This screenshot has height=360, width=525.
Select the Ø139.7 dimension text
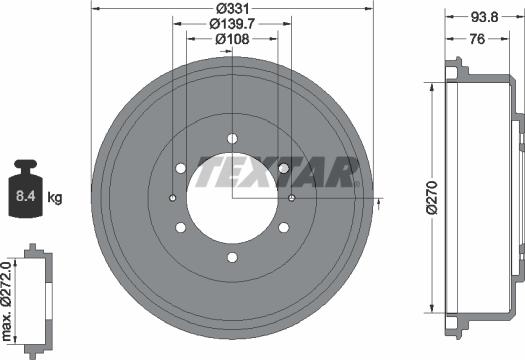coord(232,24)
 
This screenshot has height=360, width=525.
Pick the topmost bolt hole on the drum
coord(232,138)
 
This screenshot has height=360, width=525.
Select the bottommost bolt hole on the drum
coord(232,258)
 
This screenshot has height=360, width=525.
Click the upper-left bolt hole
coord(180,168)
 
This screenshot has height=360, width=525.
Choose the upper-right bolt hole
coord(284,168)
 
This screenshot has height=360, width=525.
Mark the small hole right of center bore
coord(292,198)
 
